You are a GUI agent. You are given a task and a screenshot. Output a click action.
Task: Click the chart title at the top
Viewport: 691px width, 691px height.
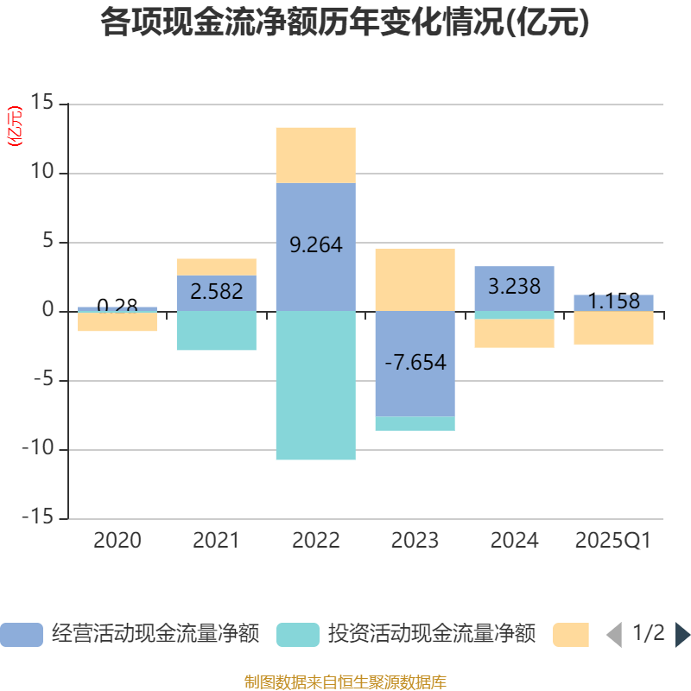click(x=345, y=22)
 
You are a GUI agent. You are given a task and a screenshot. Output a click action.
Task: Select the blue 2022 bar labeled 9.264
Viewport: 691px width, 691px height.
click(x=315, y=216)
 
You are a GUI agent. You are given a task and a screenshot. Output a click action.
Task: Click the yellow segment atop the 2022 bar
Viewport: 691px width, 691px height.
click(x=315, y=155)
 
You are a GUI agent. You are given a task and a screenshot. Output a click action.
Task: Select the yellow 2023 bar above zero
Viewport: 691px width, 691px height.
click(x=415, y=279)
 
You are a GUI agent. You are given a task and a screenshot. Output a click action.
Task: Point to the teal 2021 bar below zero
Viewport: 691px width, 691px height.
click(x=216, y=331)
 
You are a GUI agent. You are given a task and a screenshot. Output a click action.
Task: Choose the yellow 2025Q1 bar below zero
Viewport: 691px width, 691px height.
click(x=613, y=328)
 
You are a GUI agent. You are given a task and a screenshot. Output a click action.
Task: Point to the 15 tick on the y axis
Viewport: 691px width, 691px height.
click(x=42, y=105)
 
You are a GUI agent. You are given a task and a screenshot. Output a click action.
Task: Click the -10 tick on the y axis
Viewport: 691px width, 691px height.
click(x=37, y=450)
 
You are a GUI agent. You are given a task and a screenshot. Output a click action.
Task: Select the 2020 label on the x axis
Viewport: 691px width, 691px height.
click(x=117, y=541)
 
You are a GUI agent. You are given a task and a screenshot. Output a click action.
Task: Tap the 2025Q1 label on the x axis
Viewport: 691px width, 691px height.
click(x=613, y=541)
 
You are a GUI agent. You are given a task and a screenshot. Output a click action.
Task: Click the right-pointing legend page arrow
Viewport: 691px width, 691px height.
click(x=682, y=635)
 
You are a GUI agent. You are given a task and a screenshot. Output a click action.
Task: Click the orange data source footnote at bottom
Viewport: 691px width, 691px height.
click(x=345, y=681)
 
